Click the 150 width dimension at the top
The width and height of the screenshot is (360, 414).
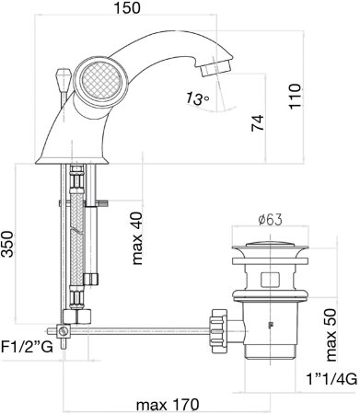pyautogui.click(x=127, y=7)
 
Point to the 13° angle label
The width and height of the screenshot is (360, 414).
pyautogui.click(x=198, y=98)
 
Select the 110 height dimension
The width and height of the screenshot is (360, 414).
pyautogui.click(x=295, y=96)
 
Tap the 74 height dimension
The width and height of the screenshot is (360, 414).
pyautogui.click(x=257, y=123)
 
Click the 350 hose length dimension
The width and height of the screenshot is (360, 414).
pyautogui.click(x=7, y=244)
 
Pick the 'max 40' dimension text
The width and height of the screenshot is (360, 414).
pyautogui.click(x=137, y=238)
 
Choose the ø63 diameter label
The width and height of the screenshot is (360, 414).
pyautogui.click(x=270, y=220)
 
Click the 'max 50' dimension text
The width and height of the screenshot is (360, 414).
pyautogui.click(x=331, y=334)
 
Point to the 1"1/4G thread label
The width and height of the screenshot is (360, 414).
pyautogui.click(x=331, y=378)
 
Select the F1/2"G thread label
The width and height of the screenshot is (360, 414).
pyautogui.click(x=28, y=347)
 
